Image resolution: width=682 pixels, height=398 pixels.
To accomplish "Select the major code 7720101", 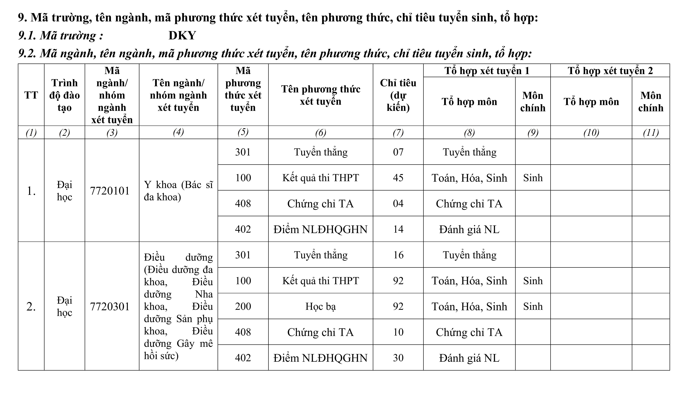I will [x=110, y=191].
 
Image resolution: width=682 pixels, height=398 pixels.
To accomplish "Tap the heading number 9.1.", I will [x=27, y=36].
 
